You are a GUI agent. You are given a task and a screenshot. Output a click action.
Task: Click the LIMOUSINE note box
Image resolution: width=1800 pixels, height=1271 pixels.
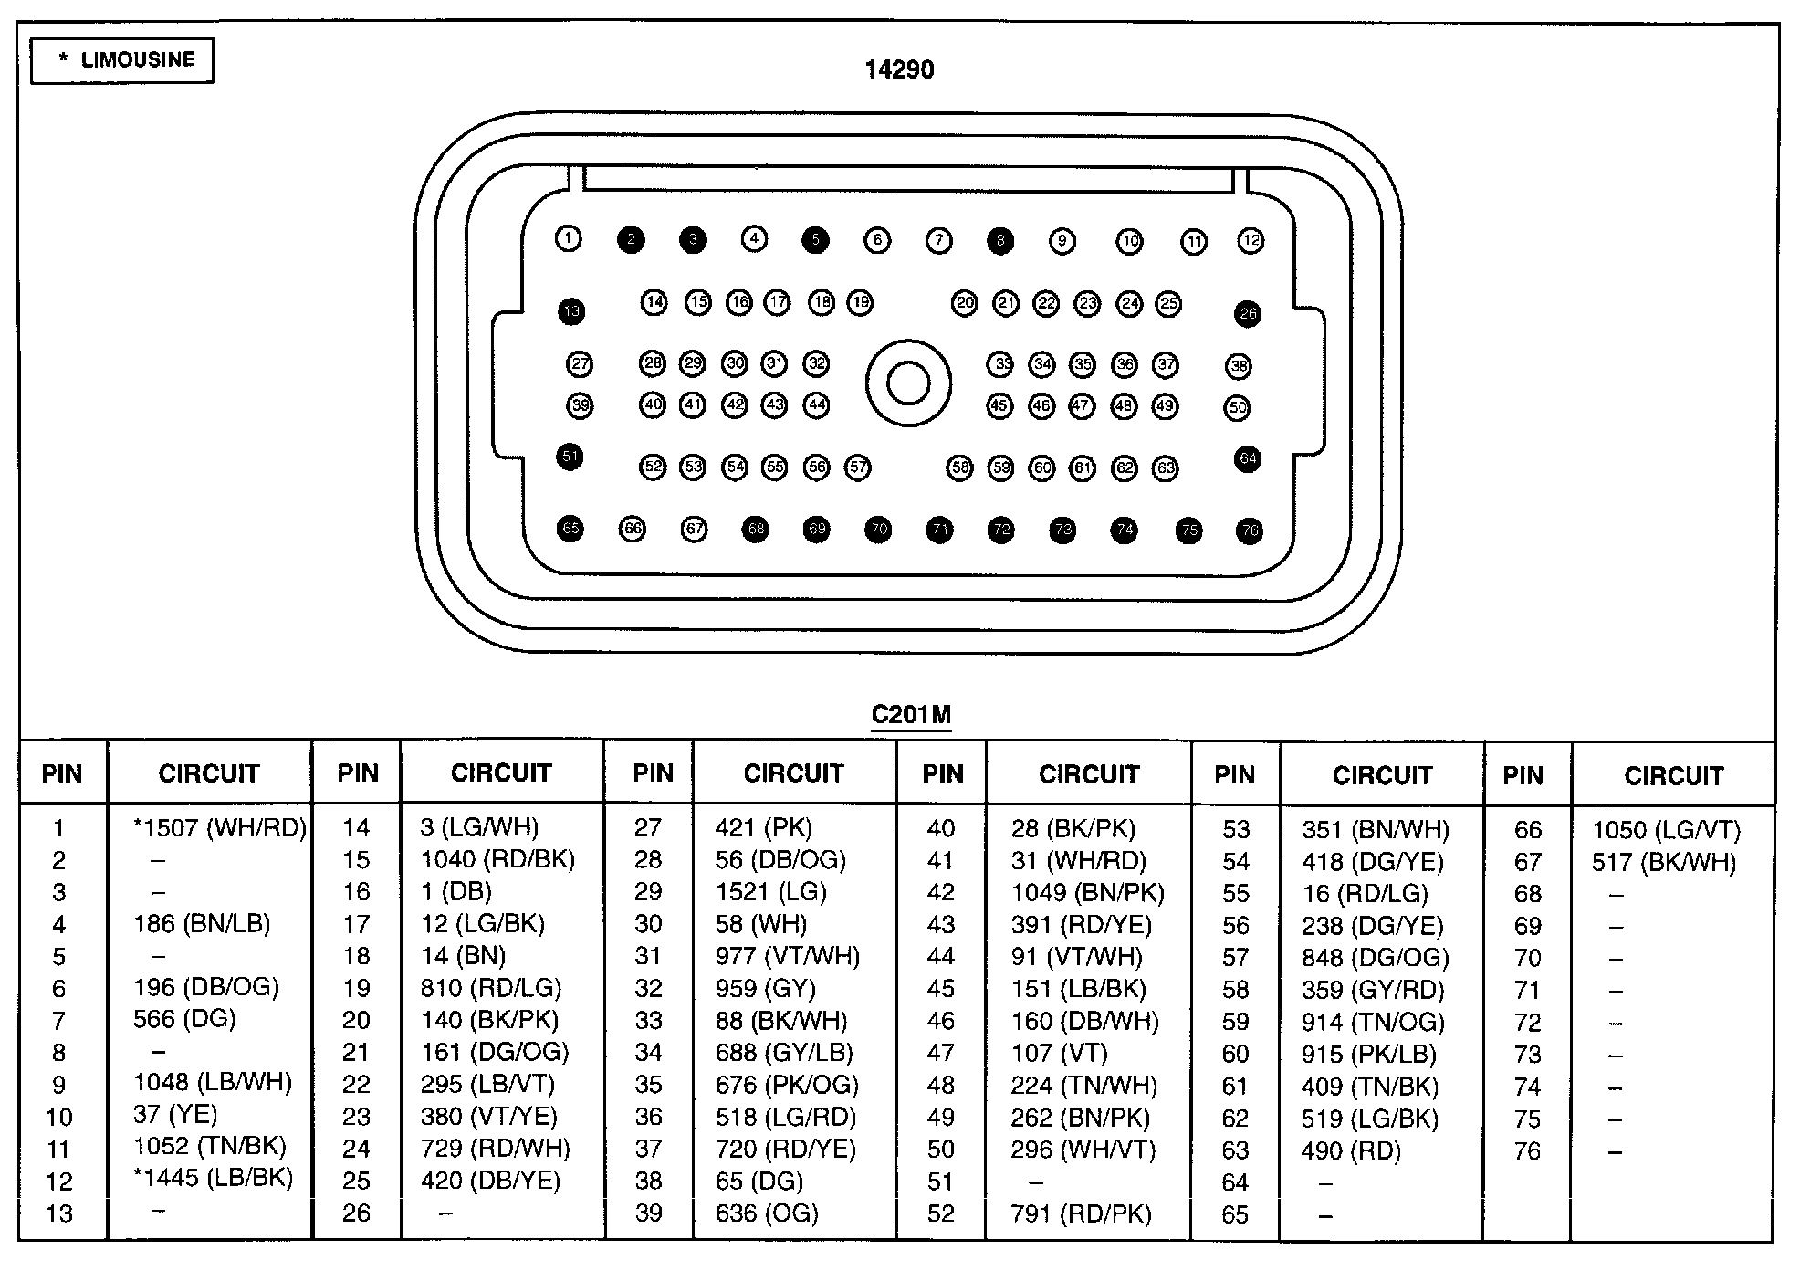coord(122,60)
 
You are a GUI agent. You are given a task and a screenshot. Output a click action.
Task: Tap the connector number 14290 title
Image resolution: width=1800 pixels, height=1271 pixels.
coord(899,70)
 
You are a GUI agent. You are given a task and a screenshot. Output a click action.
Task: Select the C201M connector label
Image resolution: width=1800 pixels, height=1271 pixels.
coord(910,714)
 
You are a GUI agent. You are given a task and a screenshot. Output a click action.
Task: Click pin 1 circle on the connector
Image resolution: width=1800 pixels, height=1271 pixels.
coord(568,239)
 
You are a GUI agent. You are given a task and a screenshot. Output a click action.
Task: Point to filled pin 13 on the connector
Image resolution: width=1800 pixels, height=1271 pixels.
coord(571,311)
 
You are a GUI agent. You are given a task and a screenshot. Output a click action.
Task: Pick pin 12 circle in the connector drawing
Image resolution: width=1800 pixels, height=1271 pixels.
coord(1250,241)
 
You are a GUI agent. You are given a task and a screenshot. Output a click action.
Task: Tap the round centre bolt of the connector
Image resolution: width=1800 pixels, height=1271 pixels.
coord(908,383)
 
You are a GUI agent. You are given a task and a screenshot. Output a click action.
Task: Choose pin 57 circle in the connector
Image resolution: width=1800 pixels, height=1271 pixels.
coord(858,468)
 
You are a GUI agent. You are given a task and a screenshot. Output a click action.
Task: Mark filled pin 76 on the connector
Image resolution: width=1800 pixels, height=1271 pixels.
coord(1249,530)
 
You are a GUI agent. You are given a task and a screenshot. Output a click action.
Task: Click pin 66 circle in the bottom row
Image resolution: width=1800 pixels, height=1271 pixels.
coord(633,529)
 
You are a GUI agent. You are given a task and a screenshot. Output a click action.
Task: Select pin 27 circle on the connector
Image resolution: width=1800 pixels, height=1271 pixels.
coord(580,365)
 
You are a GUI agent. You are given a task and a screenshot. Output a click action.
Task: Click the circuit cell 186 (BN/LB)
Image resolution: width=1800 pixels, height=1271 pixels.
coord(202,924)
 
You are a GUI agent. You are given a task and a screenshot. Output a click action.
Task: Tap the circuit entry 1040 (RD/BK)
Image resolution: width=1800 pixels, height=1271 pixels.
coord(497,859)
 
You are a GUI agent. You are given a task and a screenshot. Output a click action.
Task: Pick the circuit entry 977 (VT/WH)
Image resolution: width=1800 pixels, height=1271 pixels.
coord(788,956)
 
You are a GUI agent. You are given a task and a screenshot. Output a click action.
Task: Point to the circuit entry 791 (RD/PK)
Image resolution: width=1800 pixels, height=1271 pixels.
coord(1081,1213)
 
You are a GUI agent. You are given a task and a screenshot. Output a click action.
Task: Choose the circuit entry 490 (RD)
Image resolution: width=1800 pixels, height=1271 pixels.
coord(1351,1150)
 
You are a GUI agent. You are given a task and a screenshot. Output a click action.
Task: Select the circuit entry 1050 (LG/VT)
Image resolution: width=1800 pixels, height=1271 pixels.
coord(1667,830)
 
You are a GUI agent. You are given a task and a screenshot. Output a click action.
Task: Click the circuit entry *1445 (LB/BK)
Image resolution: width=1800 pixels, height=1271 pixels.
coord(214,1178)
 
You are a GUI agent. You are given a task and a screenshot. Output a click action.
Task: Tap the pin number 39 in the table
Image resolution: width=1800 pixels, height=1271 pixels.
coord(648,1213)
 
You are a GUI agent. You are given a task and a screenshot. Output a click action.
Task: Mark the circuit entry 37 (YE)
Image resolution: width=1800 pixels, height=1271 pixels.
coord(175,1115)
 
